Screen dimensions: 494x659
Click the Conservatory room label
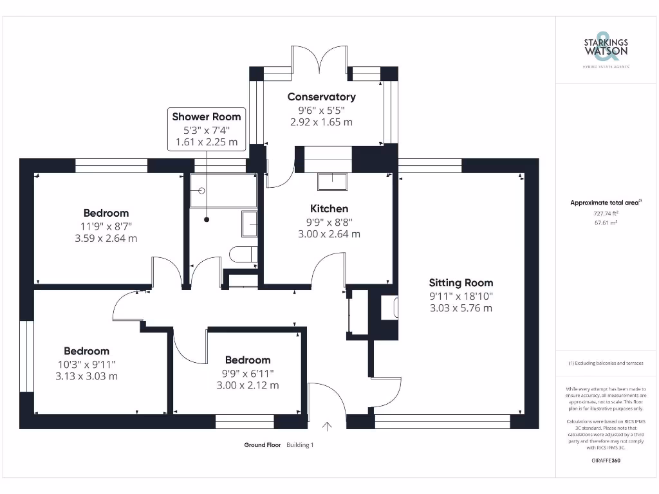(x=321, y=96)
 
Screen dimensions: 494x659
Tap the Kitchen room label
(x=329, y=208)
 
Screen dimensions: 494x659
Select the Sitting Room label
(x=461, y=282)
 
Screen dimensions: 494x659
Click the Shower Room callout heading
(x=207, y=116)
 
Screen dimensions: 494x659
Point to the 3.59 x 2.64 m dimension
(x=106, y=238)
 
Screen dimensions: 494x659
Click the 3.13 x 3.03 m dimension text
(x=86, y=376)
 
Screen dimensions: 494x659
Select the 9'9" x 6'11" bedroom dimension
(x=247, y=373)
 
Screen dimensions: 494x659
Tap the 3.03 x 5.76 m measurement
(x=461, y=308)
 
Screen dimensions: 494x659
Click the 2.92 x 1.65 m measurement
(x=321, y=122)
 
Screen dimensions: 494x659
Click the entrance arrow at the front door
(x=327, y=425)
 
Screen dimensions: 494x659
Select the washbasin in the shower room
(x=249, y=224)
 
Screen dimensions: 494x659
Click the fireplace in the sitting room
(x=389, y=307)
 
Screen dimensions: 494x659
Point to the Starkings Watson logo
(x=605, y=48)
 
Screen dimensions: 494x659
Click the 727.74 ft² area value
(x=605, y=213)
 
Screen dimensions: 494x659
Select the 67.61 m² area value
(x=605, y=222)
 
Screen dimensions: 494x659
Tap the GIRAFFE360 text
(x=605, y=461)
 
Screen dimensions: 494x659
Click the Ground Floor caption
(x=263, y=445)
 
